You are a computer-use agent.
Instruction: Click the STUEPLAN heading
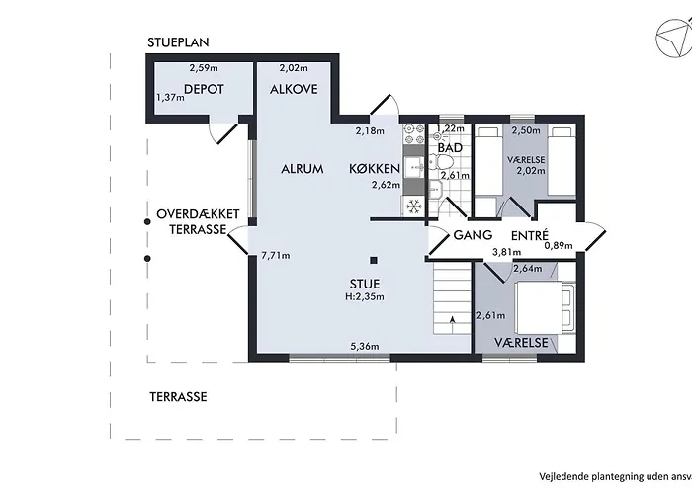tap(178, 42)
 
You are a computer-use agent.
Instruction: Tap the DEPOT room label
tap(204, 89)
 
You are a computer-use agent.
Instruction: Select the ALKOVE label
tap(294, 89)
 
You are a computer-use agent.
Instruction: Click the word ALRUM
tap(303, 169)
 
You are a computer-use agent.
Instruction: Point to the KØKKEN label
tap(375, 169)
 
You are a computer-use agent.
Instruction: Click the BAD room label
tap(450, 148)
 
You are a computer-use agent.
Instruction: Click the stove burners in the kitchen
tap(413, 134)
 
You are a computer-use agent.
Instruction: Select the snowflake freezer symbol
tap(413, 206)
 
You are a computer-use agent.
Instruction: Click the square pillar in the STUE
tap(374, 260)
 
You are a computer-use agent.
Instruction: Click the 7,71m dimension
tap(276, 255)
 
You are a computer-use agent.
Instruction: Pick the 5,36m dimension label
tap(365, 346)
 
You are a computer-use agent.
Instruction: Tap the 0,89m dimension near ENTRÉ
tap(559, 246)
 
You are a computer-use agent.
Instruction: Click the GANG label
tap(473, 235)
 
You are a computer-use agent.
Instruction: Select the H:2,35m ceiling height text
tap(365, 296)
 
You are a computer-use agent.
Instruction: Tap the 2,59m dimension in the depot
tap(204, 68)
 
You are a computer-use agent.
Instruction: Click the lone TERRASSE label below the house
tap(178, 397)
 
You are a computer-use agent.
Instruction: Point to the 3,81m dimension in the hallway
tap(506, 252)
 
